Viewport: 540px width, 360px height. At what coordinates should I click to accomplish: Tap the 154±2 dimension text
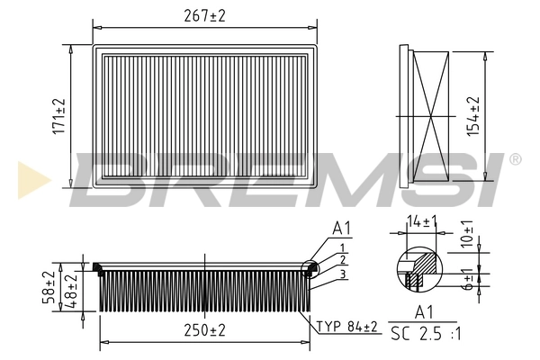pos(472,116)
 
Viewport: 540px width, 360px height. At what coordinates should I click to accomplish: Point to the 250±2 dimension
pos(205,330)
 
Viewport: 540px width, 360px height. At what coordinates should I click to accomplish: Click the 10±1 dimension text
pos(467,233)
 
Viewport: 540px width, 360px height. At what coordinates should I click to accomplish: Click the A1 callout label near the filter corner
pos(341,229)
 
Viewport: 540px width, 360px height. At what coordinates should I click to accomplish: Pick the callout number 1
pos(343,247)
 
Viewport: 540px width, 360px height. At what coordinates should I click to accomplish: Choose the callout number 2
pos(343,259)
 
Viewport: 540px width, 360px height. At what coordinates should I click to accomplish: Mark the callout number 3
pos(343,273)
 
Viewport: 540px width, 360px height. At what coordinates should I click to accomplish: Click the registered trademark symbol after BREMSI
pos(514,159)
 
